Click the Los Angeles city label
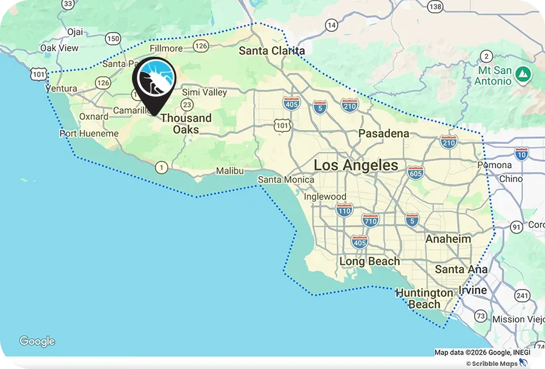tap(356, 165)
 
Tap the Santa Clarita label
tap(271, 51)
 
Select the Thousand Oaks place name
tap(186, 123)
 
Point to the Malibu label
tap(230, 171)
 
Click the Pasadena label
tap(383, 133)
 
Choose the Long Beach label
tap(369, 261)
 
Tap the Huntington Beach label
tap(424, 298)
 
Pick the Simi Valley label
tap(205, 92)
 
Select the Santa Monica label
tap(286, 180)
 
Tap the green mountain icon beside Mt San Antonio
tap(524, 75)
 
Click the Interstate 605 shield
tap(415, 172)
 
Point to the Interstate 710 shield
tap(370, 220)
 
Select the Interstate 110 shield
tap(345, 210)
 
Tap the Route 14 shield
tap(331, 25)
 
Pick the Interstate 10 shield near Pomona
tap(521, 153)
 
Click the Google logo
tap(37, 342)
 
